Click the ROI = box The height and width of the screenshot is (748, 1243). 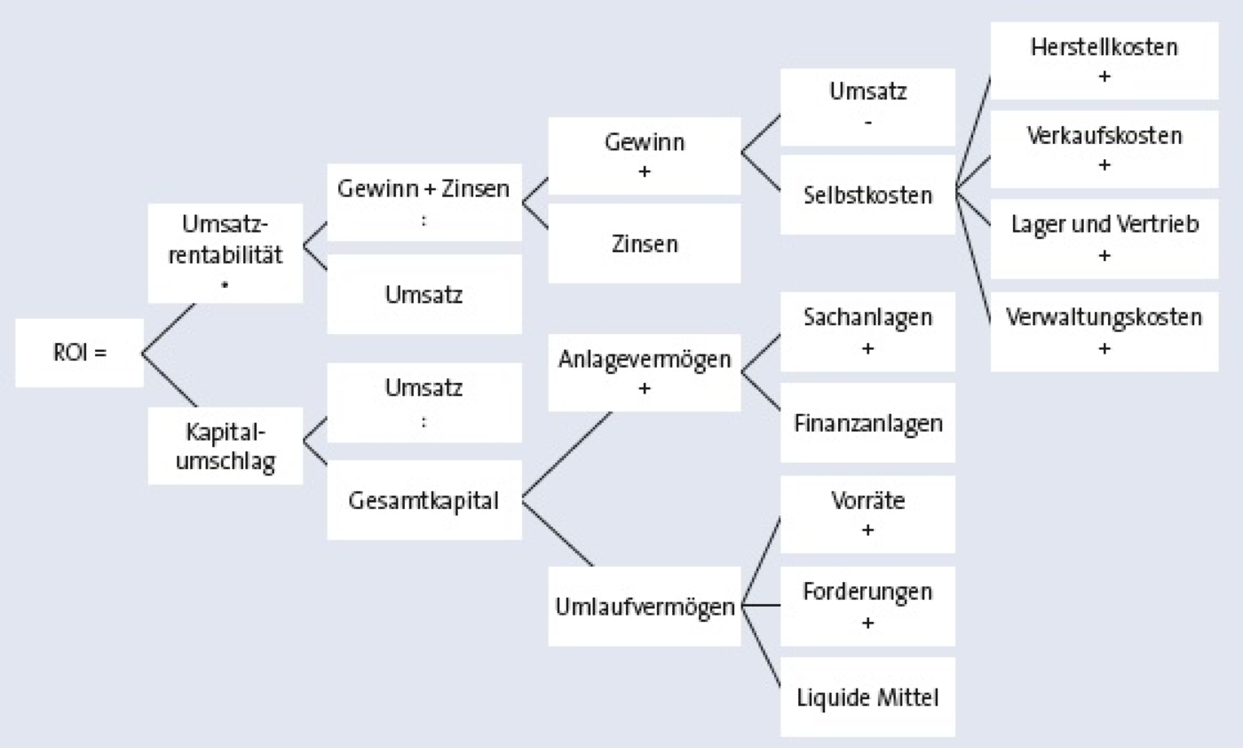[x=79, y=353]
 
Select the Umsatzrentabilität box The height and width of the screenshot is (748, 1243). [x=225, y=253]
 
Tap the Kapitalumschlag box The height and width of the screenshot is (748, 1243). [x=225, y=446]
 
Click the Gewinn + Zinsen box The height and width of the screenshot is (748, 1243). [x=424, y=202]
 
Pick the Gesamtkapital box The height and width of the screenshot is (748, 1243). [x=424, y=500]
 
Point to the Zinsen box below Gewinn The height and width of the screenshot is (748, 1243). [x=644, y=243]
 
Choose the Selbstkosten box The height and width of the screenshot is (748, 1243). [x=867, y=195]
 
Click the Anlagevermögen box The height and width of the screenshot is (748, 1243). [x=644, y=371]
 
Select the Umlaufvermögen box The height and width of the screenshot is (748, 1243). [x=644, y=606]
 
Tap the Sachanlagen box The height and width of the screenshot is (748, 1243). [x=867, y=330]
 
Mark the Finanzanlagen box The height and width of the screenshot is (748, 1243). [x=867, y=422]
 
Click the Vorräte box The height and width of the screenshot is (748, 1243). [x=867, y=513]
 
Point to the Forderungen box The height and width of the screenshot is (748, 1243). [x=867, y=606]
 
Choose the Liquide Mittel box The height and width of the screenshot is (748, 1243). [x=867, y=696]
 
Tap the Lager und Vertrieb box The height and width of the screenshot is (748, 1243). [x=1104, y=238]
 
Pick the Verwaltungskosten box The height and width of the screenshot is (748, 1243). [x=1104, y=330]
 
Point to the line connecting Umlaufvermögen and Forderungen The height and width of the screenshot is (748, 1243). [x=760, y=606]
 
